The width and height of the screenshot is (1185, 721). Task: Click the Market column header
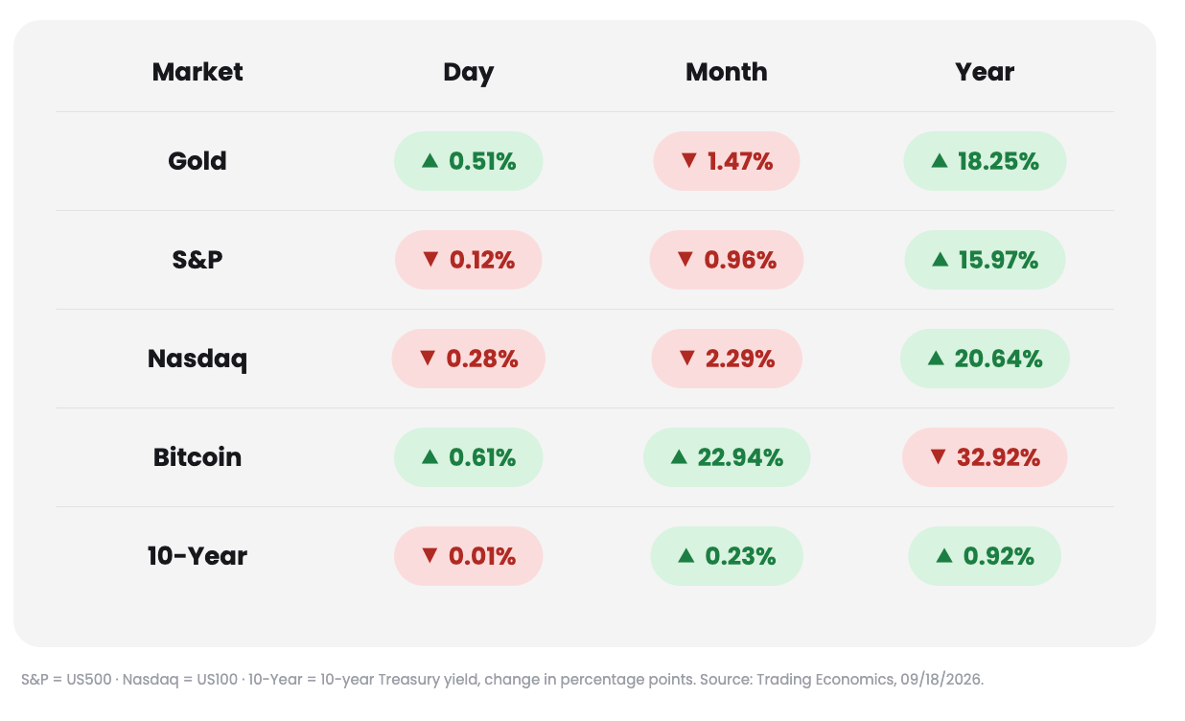(x=197, y=72)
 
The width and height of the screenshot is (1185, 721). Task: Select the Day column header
(x=468, y=73)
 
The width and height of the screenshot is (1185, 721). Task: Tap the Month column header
(x=727, y=72)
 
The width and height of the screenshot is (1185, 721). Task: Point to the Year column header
(x=985, y=72)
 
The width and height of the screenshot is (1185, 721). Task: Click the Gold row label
(x=197, y=161)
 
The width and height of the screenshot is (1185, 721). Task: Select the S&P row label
(x=197, y=260)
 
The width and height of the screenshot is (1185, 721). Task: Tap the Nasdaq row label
(x=197, y=360)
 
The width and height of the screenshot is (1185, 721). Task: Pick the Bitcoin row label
(x=197, y=457)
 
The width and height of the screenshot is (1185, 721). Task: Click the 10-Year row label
(x=197, y=556)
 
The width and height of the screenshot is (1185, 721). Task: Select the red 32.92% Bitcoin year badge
(x=985, y=457)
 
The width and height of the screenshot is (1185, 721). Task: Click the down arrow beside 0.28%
(x=428, y=359)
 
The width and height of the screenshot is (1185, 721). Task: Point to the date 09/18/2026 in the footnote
(x=941, y=679)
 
